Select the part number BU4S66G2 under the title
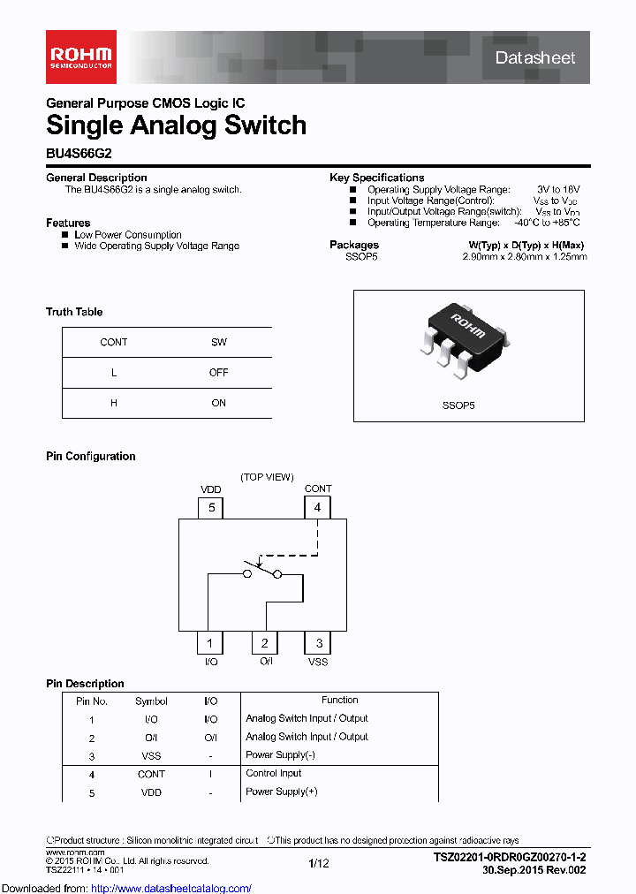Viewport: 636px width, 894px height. (79, 152)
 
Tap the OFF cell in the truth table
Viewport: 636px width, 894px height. (218, 373)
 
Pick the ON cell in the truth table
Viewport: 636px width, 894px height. (218, 403)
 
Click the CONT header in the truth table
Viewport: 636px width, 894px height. (113, 342)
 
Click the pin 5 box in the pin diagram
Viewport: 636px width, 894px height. (210, 507)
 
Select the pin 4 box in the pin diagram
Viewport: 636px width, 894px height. (317, 507)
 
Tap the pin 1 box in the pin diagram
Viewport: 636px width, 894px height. (209, 643)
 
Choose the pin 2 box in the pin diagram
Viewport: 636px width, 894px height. (264, 643)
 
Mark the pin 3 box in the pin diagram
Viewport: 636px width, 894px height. (318, 643)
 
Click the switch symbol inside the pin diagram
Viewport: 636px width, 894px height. (261, 571)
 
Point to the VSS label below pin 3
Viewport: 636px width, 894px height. (318, 662)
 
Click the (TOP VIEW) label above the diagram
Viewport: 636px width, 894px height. (267, 477)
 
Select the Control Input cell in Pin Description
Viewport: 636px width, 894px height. (274, 774)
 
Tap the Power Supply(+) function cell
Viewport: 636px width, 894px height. (281, 792)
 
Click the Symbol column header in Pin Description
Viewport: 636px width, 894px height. (151, 701)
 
